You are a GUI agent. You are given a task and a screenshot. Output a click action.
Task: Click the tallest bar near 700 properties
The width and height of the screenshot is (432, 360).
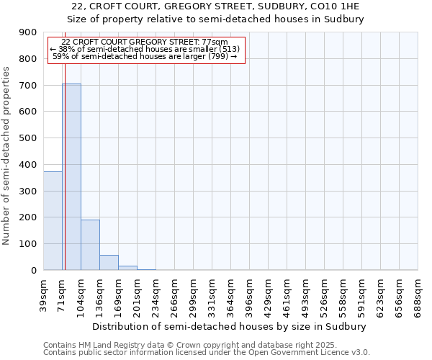pos(71,176)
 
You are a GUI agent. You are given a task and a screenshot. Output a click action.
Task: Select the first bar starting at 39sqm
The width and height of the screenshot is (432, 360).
pos(53,220)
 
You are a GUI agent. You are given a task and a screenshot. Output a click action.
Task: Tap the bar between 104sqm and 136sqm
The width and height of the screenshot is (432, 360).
pos(90,245)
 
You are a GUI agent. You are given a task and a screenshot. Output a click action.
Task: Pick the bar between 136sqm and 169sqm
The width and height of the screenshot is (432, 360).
pos(109,263)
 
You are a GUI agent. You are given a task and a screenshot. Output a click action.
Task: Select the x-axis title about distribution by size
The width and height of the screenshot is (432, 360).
pos(230,326)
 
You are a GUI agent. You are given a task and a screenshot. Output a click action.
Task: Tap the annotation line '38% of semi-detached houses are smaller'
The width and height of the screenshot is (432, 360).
pos(147,49)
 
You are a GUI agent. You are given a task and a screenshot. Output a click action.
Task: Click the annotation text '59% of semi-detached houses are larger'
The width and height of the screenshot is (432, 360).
pos(147,56)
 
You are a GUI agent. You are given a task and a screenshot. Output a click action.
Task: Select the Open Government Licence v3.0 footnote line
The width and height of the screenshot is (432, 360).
pos(206,353)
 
